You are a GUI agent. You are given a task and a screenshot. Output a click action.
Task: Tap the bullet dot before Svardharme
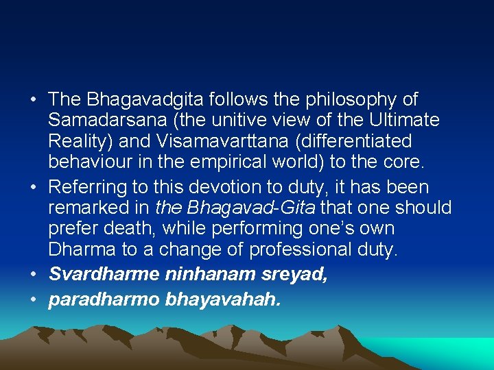point(34,275)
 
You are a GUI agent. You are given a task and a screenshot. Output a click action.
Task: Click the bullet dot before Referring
point(34,187)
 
